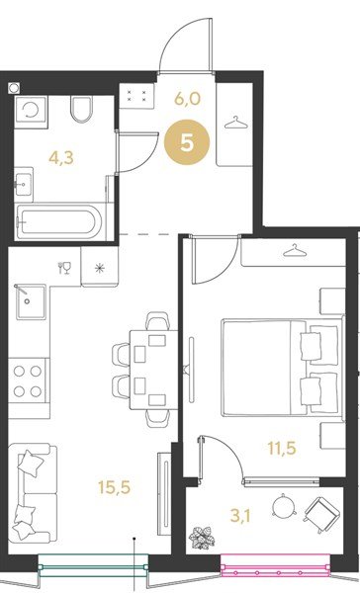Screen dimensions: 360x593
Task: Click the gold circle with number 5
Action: [187, 143]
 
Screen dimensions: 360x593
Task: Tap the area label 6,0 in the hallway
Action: [187, 98]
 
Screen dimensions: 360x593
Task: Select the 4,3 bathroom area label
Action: [61, 158]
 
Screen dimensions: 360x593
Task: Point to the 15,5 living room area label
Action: [114, 487]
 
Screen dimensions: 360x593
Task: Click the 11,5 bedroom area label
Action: [282, 449]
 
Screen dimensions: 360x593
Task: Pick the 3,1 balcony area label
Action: [240, 516]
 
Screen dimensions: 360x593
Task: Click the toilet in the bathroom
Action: [82, 110]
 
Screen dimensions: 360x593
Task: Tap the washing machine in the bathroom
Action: [31, 113]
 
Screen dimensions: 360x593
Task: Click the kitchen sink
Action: [31, 301]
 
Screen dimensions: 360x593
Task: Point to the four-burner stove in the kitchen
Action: [28, 381]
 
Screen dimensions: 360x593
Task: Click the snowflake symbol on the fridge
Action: [100, 269]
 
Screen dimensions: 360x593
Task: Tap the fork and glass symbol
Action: [64, 268]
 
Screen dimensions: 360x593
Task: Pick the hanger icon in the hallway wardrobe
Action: [234, 124]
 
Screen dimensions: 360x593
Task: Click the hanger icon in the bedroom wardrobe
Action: [294, 250]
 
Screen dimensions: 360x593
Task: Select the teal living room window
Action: [93, 565]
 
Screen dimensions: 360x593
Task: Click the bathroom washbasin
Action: [24, 185]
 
